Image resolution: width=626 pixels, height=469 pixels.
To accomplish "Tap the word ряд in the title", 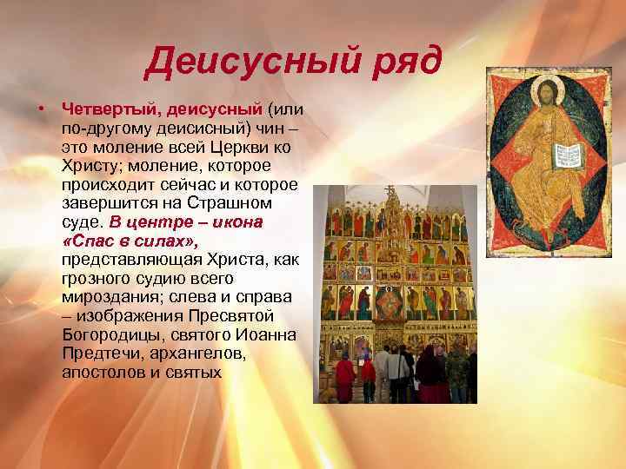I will pyautogui.click(x=402, y=62).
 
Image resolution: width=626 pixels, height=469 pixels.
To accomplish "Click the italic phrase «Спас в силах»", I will pyautogui.click(x=128, y=240).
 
